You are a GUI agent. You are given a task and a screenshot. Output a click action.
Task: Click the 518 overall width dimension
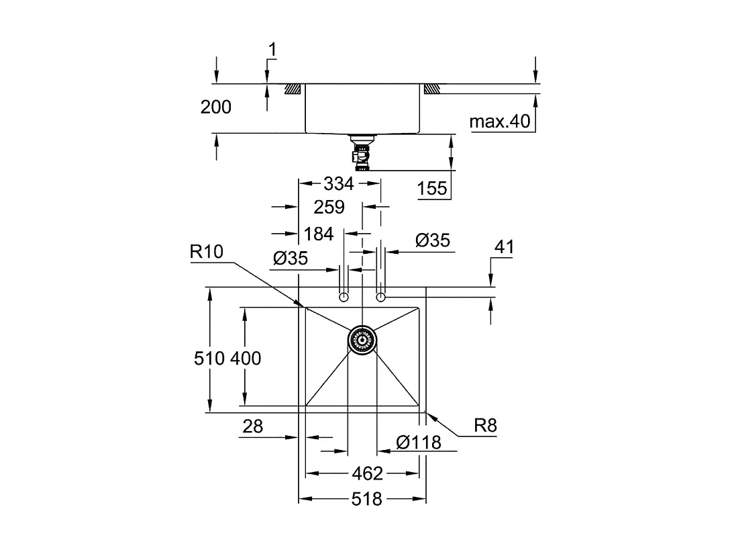tap(366, 499)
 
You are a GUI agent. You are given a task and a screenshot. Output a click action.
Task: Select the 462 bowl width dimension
tap(367, 473)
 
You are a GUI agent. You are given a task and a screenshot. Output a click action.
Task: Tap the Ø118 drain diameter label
tap(419, 442)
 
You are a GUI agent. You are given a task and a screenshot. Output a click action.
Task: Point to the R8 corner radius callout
tap(485, 425)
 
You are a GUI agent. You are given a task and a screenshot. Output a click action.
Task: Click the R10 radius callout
tap(206, 252)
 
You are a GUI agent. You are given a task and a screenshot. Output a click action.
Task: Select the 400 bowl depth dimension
tap(246, 359)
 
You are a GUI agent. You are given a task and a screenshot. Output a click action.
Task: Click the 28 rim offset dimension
tap(253, 426)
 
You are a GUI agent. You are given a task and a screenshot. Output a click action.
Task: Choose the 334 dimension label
tap(338, 183)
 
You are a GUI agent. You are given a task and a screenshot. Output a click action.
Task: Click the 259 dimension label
tap(329, 207)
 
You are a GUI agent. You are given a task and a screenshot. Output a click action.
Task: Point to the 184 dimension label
tap(319, 234)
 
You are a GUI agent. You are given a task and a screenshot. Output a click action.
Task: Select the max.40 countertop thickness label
tap(500, 122)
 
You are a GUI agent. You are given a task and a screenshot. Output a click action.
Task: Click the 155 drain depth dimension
tap(432, 189)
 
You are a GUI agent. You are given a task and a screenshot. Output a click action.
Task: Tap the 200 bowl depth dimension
tap(216, 107)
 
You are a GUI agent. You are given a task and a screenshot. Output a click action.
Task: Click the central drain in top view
tap(362, 340)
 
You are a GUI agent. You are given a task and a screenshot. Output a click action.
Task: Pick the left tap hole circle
tap(344, 297)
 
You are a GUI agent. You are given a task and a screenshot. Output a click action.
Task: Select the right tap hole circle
tap(381, 297)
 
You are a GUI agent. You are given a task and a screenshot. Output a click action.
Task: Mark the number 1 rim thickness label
tap(272, 49)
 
